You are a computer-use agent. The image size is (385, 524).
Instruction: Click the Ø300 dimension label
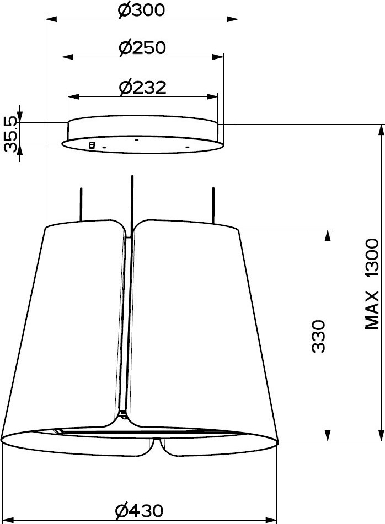pos(142,10)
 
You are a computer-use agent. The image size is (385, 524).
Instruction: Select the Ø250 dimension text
pos(142,48)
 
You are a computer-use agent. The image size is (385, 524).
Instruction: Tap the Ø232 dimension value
pos(142,88)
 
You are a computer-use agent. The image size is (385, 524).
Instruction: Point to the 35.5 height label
pos(12,134)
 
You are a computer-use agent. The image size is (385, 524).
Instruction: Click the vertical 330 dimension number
pos(318,336)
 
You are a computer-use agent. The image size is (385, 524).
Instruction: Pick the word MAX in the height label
pos(372,310)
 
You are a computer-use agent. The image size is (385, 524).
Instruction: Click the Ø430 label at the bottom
pos(139,510)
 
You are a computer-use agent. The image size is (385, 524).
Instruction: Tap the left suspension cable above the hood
pos(81,204)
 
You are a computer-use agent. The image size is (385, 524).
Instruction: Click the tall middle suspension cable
pos(132,202)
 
